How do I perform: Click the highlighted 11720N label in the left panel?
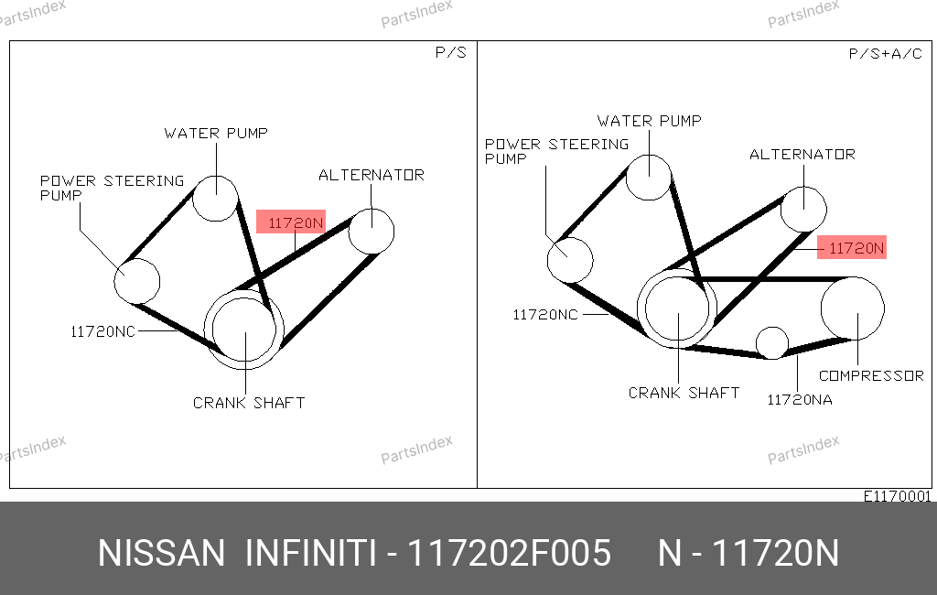click(291, 222)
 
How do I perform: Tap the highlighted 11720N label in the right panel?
click(852, 247)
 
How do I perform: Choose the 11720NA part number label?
click(800, 400)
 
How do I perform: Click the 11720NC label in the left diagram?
click(102, 332)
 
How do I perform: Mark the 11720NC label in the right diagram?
click(545, 315)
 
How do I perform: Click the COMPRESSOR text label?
click(871, 375)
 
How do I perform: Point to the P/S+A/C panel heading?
click(885, 54)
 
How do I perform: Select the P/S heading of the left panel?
click(450, 52)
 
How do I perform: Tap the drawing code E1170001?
click(897, 496)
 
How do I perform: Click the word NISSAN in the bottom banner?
click(161, 553)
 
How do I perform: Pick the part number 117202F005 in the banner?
click(509, 553)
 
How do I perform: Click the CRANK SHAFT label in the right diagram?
click(684, 393)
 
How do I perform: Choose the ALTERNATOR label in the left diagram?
click(372, 175)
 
